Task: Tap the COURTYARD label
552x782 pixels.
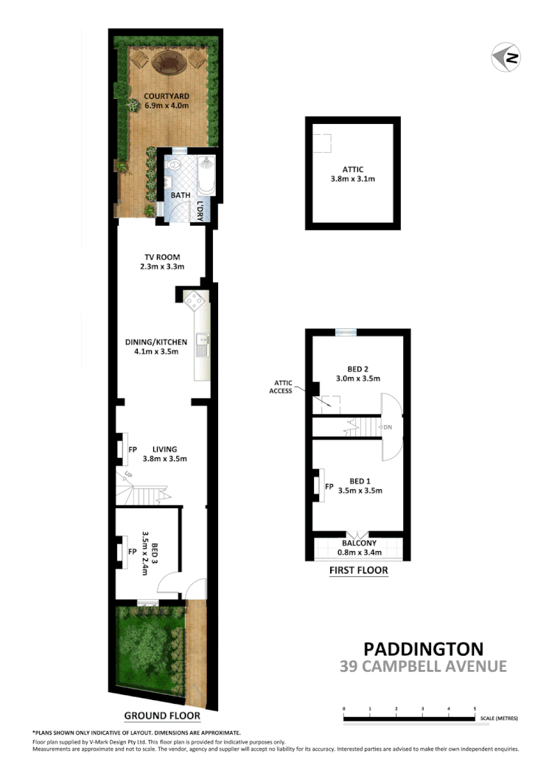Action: pos(167,96)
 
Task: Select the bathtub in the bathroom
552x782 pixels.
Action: pos(206,176)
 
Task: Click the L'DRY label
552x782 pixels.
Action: pos(200,211)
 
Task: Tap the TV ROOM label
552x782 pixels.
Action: pos(161,257)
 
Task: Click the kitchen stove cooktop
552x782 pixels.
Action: pos(195,300)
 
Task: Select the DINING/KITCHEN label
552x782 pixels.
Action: pos(161,342)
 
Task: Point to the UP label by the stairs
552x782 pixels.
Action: pos(129,475)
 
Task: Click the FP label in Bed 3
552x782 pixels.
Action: pos(132,551)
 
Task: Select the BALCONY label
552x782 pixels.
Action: pos(357,543)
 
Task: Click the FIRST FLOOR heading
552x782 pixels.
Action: pos(359,570)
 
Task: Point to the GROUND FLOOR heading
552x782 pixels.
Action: pos(161,715)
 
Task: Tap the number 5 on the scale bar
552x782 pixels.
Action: pos(475,709)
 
